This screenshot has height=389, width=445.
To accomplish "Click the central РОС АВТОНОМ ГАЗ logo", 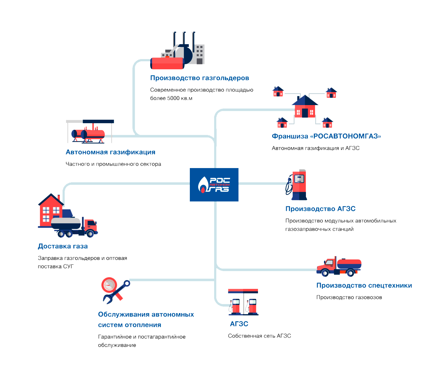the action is (x=214, y=185).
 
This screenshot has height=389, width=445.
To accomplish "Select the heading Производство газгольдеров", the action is (x=200, y=78).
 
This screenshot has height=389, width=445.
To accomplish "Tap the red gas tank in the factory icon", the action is (x=167, y=63).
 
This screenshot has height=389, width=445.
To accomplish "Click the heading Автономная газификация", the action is (x=111, y=152).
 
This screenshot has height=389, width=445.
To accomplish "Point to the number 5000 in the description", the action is (x=173, y=98).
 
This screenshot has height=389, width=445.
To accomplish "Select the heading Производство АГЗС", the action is (x=321, y=209).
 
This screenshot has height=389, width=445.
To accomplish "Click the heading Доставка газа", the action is (x=63, y=246).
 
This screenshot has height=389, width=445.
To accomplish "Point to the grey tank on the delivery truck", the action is (x=66, y=223).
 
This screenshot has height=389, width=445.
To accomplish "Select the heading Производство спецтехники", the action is (x=364, y=285).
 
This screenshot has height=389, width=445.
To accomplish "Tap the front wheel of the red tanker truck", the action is (x=325, y=273).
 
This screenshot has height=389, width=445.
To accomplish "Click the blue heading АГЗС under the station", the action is (x=239, y=324).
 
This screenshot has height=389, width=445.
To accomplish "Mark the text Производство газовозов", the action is (x=349, y=297).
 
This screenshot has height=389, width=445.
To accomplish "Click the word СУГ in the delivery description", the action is (x=68, y=267).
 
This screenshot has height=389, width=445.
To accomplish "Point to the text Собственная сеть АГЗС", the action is (x=259, y=336).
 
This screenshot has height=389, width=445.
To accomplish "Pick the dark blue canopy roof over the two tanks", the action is (x=98, y=121).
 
